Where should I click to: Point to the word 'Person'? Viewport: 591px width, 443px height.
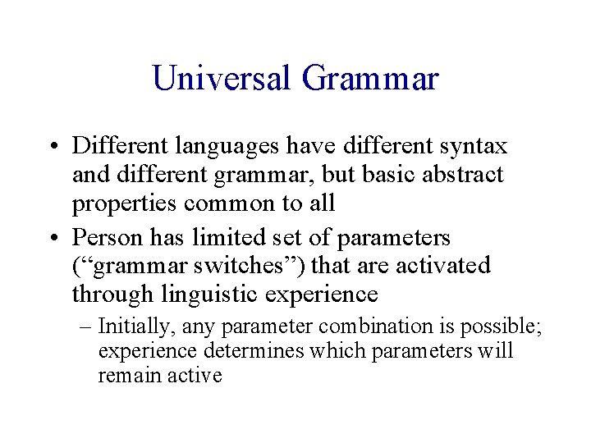[x=103, y=238]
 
